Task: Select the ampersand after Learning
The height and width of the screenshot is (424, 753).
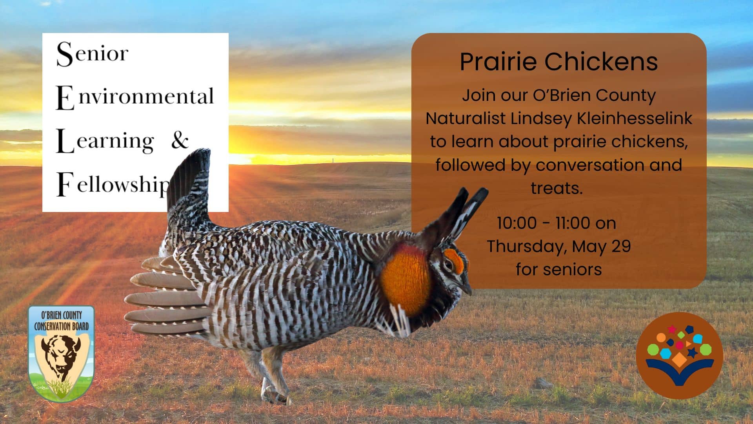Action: coord(180,140)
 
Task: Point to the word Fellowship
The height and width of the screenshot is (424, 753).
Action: coord(114,184)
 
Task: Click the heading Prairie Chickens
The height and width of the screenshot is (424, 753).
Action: coord(558,62)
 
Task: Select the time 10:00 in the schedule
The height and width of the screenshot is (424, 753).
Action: coord(517,223)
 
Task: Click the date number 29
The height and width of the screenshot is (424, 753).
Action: coord(621,246)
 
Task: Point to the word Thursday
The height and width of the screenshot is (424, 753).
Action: coord(526,247)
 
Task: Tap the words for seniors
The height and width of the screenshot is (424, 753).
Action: coord(558,269)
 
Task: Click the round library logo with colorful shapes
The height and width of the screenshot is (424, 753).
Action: coord(680,356)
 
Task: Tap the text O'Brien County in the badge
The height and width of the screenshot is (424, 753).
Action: coord(62,315)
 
